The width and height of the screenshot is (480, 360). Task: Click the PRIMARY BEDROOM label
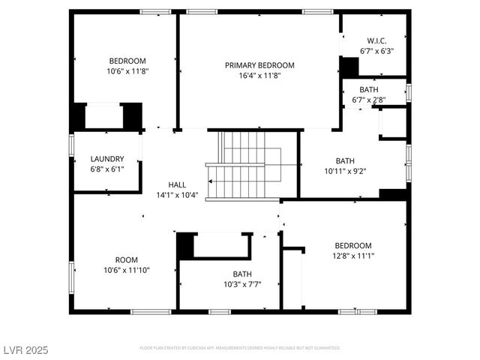259,65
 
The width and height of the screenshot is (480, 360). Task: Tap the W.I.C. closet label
376,40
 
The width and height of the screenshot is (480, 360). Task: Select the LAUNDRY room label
106,159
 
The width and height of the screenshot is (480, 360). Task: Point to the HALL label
177,184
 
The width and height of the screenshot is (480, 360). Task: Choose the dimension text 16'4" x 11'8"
259,76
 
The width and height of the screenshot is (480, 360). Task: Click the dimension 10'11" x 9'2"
345,170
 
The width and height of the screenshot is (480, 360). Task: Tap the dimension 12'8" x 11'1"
352,256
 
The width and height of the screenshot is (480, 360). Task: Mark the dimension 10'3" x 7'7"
241,284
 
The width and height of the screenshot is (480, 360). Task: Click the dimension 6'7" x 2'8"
368,100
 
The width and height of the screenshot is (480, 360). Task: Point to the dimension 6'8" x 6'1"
106,169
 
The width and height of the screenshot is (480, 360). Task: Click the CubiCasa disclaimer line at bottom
240,348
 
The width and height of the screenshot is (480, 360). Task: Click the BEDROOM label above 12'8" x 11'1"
352,246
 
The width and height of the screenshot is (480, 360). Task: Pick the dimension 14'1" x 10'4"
177,195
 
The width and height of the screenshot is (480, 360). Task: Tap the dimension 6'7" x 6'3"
376,51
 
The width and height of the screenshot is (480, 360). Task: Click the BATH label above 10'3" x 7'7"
241,274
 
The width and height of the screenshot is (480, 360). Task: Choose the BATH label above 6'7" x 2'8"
368,90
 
